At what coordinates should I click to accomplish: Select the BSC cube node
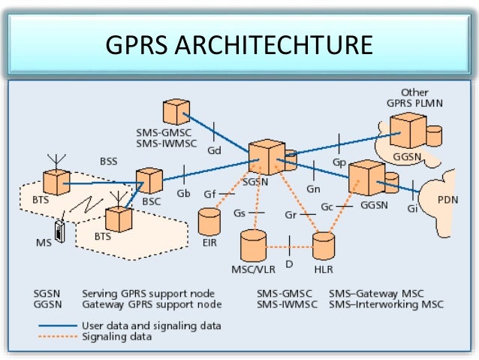(x=149, y=180)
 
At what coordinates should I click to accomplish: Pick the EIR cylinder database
(x=209, y=221)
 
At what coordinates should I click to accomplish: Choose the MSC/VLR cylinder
(x=254, y=246)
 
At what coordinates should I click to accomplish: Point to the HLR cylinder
(x=324, y=246)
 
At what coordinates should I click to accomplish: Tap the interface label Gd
(x=215, y=150)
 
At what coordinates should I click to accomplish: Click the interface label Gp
(x=339, y=162)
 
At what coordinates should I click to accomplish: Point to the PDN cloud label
(x=447, y=201)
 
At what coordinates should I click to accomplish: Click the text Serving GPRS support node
(x=149, y=293)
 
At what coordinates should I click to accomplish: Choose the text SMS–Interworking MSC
(x=387, y=304)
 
